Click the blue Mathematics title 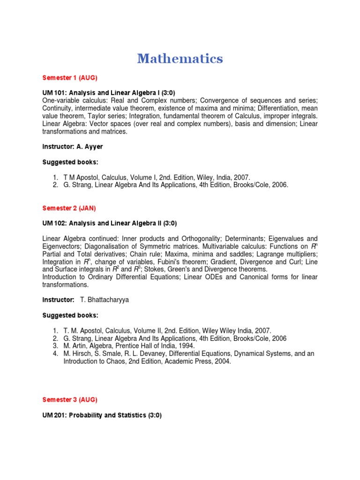click(x=180, y=59)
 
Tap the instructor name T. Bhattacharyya click(x=105, y=300)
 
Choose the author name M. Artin click(x=75, y=346)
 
